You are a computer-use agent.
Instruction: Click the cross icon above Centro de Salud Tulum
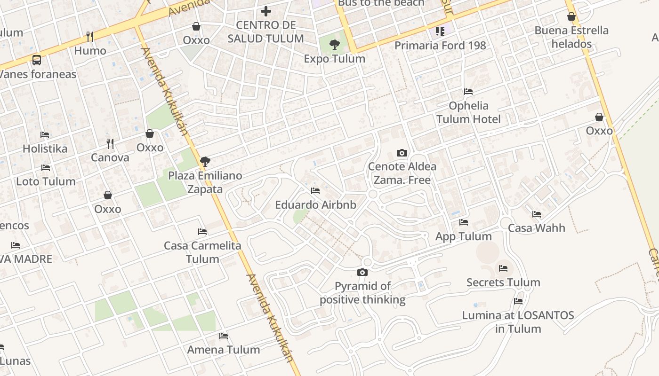[266, 11]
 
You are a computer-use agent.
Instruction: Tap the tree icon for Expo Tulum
[335, 45]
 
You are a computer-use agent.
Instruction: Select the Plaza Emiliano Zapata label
[205, 182]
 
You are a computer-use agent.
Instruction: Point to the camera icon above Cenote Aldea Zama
[402, 153]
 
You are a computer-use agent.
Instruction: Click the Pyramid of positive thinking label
[362, 293]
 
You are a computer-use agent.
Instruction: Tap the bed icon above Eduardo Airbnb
[315, 191]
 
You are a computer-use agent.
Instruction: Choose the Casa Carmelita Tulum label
[202, 252]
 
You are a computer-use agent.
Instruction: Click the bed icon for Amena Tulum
[224, 336]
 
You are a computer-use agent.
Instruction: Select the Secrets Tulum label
[503, 282]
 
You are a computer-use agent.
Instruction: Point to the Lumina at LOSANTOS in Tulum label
[518, 322]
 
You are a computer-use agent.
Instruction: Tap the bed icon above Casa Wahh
[537, 214]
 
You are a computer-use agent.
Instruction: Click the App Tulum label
[464, 236]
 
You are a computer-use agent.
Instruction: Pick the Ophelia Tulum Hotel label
[468, 112]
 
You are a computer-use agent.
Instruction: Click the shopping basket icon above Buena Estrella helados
[571, 17]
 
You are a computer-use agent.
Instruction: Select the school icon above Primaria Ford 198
[440, 31]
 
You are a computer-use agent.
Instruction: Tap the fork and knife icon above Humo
[90, 36]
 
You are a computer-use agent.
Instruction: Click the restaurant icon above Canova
[110, 143]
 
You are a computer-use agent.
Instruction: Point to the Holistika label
[45, 149]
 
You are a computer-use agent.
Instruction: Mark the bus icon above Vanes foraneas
[37, 60]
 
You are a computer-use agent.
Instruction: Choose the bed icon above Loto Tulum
[46, 167]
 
